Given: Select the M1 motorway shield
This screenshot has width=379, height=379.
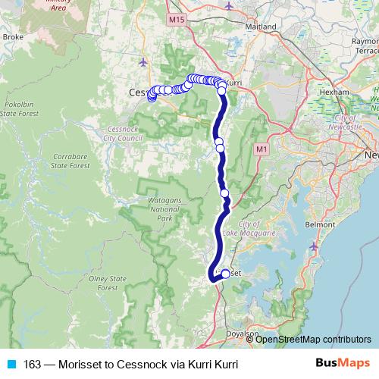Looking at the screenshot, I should pyautogui.click(x=262, y=150).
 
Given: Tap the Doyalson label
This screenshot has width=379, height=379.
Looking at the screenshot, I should pyautogui.click(x=243, y=333).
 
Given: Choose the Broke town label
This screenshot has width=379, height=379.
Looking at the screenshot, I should pyautogui.click(x=14, y=36).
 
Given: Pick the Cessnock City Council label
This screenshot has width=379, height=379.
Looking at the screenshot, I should pyautogui.click(x=126, y=134).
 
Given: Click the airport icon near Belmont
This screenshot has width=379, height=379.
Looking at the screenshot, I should pyautogui.click(x=315, y=247).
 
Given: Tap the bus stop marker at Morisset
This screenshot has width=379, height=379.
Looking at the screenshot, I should pyautogui.click(x=225, y=274).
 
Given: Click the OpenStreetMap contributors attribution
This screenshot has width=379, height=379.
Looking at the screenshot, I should pyautogui.click(x=313, y=339).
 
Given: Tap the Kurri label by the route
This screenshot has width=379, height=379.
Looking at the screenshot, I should pyautogui.click(x=233, y=82).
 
